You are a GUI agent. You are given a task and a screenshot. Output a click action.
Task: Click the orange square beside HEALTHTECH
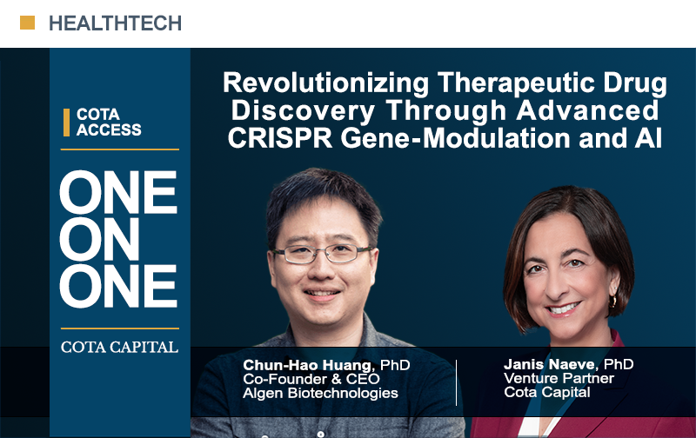tap(28, 23)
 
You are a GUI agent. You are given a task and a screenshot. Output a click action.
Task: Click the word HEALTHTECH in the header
tap(116, 23)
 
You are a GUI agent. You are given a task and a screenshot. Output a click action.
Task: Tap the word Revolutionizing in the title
tap(325, 83)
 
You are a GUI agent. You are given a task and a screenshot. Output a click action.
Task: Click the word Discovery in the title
tap(303, 111)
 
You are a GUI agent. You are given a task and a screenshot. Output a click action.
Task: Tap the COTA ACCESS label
tap(109, 122)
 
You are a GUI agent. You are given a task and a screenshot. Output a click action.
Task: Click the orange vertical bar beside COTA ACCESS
tap(67, 123)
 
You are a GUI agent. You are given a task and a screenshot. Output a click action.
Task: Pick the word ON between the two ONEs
tap(99, 239)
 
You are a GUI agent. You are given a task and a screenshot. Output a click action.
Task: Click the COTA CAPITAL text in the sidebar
tap(119, 347)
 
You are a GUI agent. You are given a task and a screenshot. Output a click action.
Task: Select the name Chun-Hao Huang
tap(307, 365)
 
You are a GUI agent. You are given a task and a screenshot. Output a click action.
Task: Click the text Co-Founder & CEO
tap(311, 379)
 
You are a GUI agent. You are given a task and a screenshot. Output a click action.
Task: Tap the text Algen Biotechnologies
tap(320, 393)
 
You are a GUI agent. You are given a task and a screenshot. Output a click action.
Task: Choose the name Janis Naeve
tap(549, 364)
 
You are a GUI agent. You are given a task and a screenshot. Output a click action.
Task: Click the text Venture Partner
tap(559, 378)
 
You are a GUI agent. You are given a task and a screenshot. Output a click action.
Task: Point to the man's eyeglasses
tap(323, 254)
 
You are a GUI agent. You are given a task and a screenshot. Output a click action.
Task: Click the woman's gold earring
tap(613, 302)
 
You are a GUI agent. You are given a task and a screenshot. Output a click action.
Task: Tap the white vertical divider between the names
tap(456, 382)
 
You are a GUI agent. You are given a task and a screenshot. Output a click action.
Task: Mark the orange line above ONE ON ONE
tap(120, 149)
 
